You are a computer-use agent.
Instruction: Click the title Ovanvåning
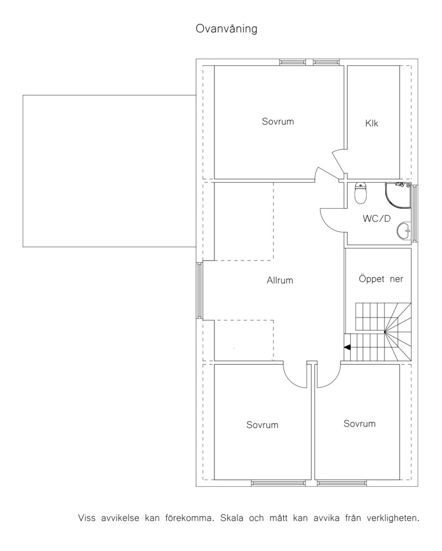[x=226, y=29]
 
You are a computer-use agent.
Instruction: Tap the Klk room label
[x=372, y=123]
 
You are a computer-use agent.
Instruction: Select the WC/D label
[x=376, y=219]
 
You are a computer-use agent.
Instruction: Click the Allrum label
[x=280, y=280]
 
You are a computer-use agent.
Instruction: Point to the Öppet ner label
[x=381, y=279]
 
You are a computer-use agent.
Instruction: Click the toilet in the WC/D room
[x=361, y=193]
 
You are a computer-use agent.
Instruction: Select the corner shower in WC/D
[x=398, y=195]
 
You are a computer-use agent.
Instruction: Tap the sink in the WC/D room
[x=404, y=231]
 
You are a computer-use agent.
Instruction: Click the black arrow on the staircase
[x=347, y=347]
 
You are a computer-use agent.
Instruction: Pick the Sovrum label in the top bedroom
[x=278, y=122]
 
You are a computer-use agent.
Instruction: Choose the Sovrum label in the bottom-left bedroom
[x=262, y=425]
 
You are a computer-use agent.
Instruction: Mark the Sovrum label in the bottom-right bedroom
[x=360, y=424]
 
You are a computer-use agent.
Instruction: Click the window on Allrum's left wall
[x=199, y=290]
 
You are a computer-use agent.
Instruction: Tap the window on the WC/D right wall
[x=414, y=214]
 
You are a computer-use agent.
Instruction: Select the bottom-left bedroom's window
[x=281, y=483]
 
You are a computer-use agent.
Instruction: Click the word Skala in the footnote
[x=231, y=518]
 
